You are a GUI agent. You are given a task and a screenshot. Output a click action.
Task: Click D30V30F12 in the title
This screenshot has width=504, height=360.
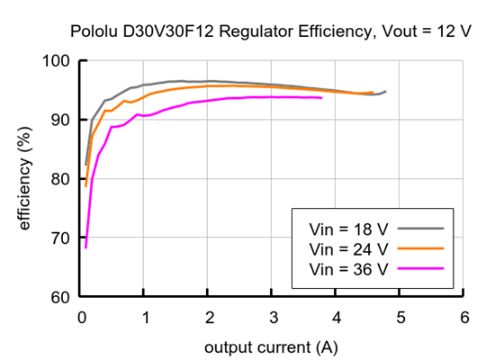pos(164,31)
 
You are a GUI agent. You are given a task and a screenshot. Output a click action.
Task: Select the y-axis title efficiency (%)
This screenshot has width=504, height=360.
pos(25,179)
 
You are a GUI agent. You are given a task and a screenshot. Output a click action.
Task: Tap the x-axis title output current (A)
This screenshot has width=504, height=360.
pos(272,346)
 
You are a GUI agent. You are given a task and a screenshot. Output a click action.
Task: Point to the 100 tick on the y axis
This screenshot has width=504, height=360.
pos(59,61)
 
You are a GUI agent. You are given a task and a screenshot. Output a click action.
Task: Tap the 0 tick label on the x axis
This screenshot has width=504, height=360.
pos(81,318)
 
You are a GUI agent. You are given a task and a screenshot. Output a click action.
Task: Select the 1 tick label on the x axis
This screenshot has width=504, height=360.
pos(145,318)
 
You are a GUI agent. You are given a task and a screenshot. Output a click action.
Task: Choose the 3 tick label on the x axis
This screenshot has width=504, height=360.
pos(272,318)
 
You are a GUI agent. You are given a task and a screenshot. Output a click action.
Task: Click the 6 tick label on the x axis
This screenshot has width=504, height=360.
pos(463,318)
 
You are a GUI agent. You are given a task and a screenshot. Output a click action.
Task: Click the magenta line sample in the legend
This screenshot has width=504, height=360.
pos(421,269)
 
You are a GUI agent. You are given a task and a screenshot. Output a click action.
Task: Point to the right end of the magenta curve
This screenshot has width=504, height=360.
pos(321,98)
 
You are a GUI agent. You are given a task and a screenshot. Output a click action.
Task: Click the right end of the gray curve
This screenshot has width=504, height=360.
pos(385,91)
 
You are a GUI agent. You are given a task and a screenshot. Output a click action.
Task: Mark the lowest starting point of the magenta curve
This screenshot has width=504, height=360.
pos(85,247)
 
